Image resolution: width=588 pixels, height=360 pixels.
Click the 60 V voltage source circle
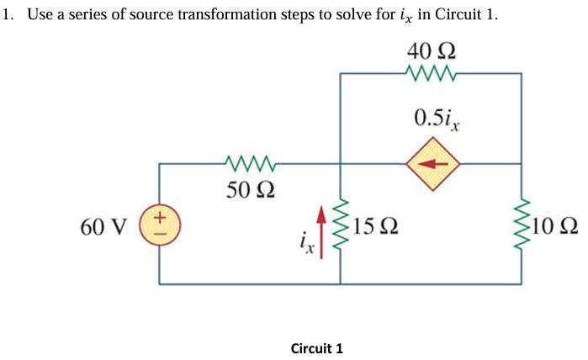pos(160,225)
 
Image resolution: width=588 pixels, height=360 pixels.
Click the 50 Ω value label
pos(248,188)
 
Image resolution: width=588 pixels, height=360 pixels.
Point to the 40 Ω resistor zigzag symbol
pos(430,74)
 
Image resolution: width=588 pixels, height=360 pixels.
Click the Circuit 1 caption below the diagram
pos(316,347)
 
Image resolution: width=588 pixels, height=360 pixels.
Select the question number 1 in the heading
pos(8,15)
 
